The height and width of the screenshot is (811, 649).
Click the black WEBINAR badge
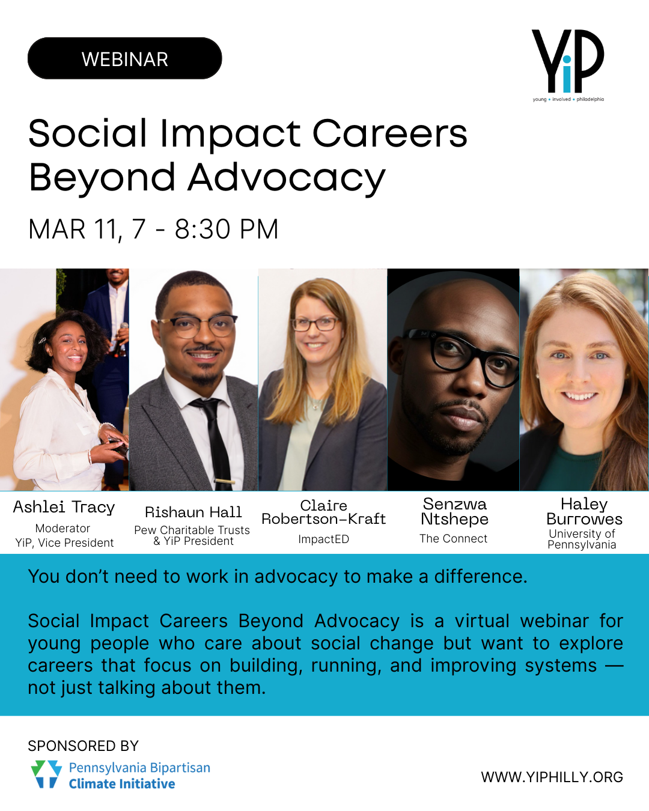pyautogui.click(x=125, y=59)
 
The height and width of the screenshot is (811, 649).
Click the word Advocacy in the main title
pyautogui.click(x=286, y=178)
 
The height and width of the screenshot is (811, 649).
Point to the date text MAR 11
pyautogui.click(x=75, y=229)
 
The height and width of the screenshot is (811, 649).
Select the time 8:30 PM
pyautogui.click(x=227, y=229)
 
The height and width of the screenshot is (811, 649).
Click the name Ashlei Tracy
pyautogui.click(x=64, y=507)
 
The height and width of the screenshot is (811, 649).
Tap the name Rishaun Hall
pyautogui.click(x=193, y=512)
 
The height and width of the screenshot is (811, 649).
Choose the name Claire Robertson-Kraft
pyautogui.click(x=323, y=512)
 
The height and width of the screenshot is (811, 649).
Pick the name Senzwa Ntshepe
pyautogui.click(x=454, y=512)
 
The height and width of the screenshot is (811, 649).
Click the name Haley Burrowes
pyautogui.click(x=584, y=512)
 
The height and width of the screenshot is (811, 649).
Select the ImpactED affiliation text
pyautogui.click(x=323, y=539)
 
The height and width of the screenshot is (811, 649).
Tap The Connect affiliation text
pyautogui.click(x=453, y=539)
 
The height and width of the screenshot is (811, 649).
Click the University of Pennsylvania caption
pyautogui.click(x=582, y=539)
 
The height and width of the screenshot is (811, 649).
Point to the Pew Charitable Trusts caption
pyautogui.click(x=192, y=530)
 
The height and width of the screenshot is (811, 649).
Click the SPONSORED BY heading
pyautogui.click(x=83, y=746)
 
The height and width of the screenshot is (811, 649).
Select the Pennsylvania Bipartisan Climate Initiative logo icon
pyautogui.click(x=46, y=774)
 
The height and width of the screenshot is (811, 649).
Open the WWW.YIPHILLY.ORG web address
pyautogui.click(x=552, y=777)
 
